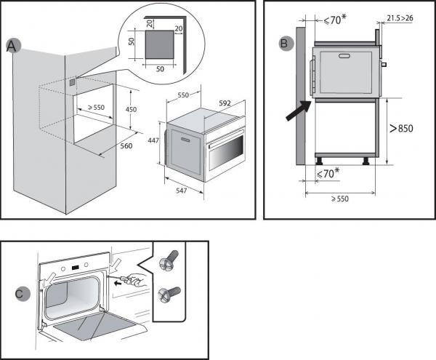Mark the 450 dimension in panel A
pos(132,109)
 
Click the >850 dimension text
pos(403,128)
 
